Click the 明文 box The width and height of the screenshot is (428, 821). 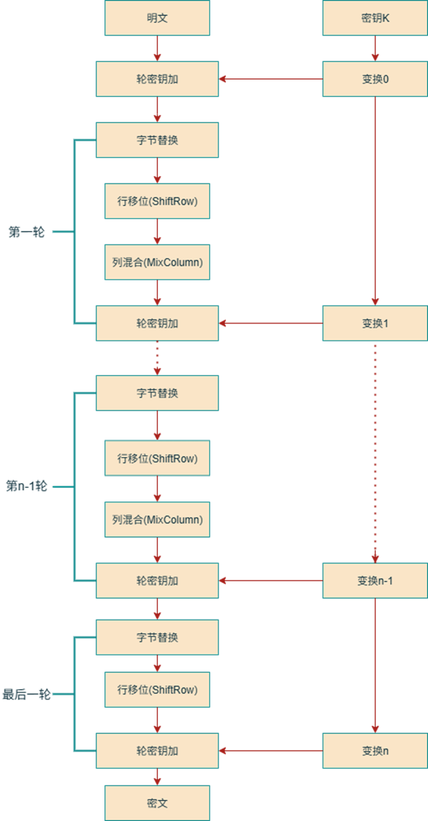(157, 19)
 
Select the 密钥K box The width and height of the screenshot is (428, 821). (375, 19)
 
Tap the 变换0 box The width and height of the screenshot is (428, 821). (375, 79)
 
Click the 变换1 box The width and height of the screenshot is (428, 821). (375, 323)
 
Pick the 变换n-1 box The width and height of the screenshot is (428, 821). (375, 581)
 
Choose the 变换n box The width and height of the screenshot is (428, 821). (375, 751)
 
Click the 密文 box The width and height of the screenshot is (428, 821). (157, 803)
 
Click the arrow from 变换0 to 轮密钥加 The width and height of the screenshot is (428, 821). (271, 79)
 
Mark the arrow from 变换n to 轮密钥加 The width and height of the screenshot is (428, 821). (271, 751)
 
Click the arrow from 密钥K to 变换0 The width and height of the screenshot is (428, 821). (375, 48)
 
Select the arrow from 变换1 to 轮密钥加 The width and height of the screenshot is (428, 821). (271, 323)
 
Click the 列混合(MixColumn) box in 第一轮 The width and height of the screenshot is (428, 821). (157, 262)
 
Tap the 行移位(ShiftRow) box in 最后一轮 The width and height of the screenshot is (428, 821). (157, 690)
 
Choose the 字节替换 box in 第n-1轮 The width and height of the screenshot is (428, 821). (157, 393)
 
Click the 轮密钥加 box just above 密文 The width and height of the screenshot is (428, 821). (157, 751)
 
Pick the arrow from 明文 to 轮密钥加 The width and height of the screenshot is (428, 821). (157, 48)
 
